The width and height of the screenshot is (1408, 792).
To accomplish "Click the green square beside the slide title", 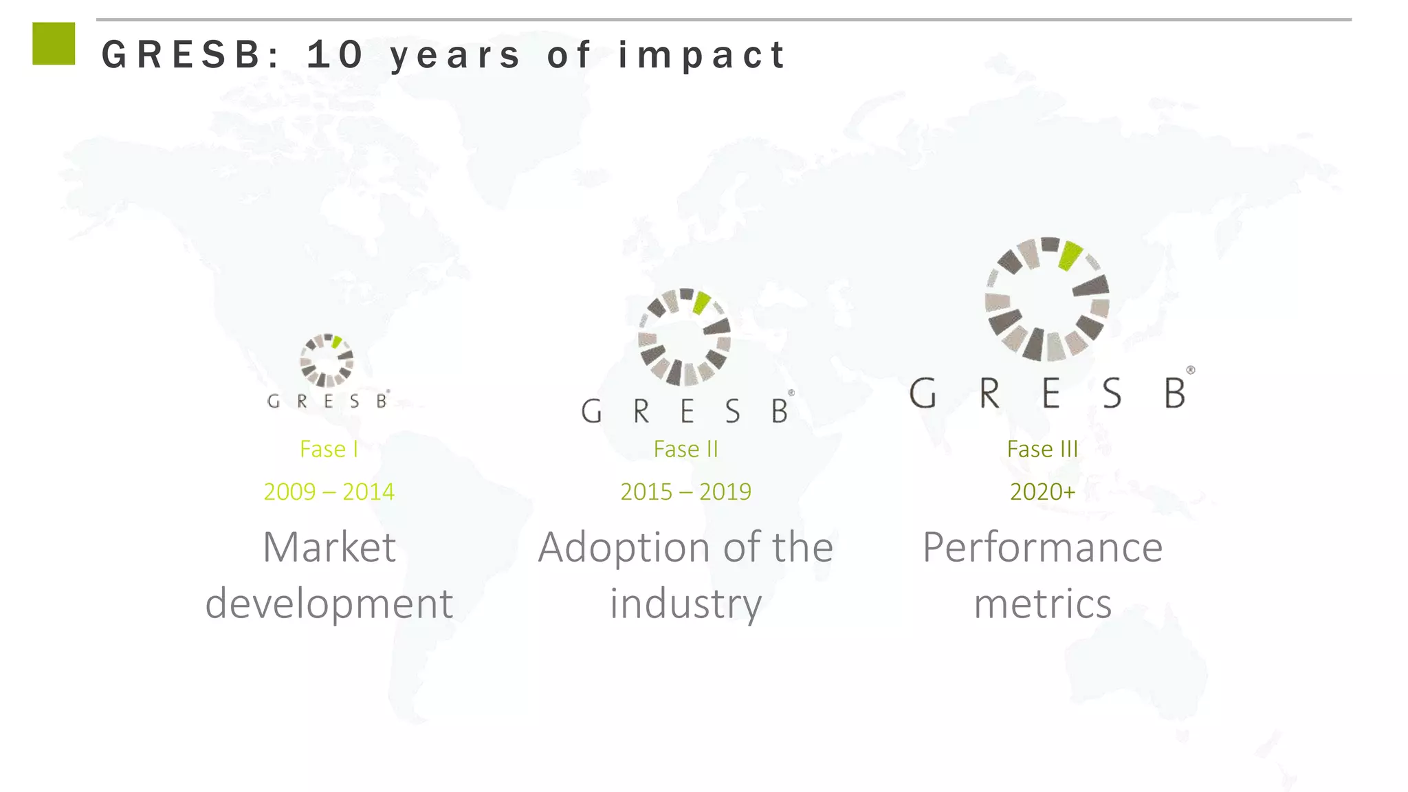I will click(54, 43).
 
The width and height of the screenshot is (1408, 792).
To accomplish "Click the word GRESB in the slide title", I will click(181, 55).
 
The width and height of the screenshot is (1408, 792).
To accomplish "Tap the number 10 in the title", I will click(335, 55).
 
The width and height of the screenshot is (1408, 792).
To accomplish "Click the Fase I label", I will click(329, 449).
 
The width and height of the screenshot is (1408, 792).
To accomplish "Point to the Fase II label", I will click(685, 449).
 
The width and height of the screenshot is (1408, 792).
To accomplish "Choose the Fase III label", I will click(1042, 449).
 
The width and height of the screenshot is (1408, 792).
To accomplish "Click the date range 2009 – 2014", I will click(329, 492).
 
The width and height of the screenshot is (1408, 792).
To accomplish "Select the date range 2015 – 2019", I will click(685, 492).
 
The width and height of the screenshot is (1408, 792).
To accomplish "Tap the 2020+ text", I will click(1042, 492).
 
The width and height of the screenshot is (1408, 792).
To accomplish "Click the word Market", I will click(329, 547).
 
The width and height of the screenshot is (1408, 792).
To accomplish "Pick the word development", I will click(329, 604).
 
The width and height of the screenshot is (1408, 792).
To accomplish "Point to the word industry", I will click(685, 604).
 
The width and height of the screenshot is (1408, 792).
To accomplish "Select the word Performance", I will click(1042, 547).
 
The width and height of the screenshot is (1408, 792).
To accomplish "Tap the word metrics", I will click(1042, 604).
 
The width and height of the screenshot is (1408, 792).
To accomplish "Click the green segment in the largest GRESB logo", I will click(1070, 256).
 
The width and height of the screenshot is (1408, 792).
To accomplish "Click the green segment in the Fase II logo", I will click(701, 302).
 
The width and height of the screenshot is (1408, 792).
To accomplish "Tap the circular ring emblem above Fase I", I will click(327, 360).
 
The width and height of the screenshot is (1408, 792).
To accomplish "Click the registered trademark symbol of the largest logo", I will click(1190, 370).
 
